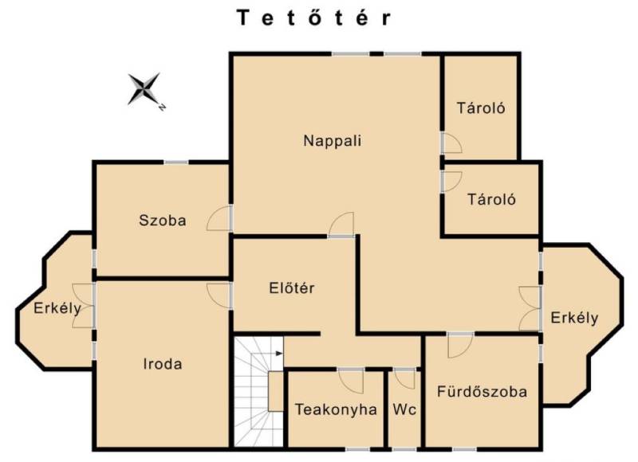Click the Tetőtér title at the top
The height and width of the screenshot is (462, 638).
coord(314,18)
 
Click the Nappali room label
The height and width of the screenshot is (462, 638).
coord(333,141)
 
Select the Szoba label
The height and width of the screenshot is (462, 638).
coord(163,221)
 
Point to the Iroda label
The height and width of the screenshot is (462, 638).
coord(163,364)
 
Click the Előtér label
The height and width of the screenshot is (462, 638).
coord(292,288)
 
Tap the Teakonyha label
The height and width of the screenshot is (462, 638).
coord(336,409)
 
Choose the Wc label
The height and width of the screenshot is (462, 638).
coord(404,409)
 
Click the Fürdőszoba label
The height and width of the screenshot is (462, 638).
coord(482,392)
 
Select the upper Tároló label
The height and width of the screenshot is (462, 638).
coord(481,108)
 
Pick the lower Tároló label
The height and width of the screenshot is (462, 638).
coord(491,200)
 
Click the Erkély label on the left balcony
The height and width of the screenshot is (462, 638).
coord(57,308)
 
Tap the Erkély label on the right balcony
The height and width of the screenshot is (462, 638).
coord(574,318)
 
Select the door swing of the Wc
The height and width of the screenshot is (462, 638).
coord(405,378)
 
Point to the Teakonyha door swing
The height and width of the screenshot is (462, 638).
coord(351,381)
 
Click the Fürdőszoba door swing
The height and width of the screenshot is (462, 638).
coord(461,346)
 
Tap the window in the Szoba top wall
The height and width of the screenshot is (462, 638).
coord(176,162)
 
